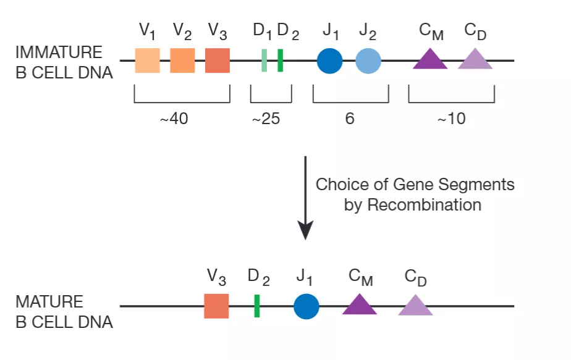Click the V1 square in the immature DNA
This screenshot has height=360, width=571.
[x=147, y=61]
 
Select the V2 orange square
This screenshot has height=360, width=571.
[x=182, y=61]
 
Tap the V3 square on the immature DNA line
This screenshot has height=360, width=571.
[x=218, y=61]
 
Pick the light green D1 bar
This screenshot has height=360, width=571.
[x=264, y=61]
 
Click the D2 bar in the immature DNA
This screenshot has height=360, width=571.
[x=280, y=61]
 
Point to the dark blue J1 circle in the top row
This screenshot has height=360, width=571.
[x=329, y=61]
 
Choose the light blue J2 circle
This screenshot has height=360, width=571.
[x=368, y=61]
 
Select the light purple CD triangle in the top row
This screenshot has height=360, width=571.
[x=475, y=60]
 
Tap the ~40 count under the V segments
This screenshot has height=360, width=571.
[x=174, y=119]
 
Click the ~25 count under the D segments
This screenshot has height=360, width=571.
[x=266, y=119]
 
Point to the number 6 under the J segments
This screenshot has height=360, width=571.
[x=350, y=119]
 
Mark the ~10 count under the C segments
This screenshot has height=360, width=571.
[x=451, y=119]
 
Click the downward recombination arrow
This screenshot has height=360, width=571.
[x=305, y=198]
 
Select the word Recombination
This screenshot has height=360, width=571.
[x=425, y=205]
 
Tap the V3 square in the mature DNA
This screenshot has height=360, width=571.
[x=216, y=306]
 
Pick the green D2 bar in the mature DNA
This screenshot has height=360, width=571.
[x=256, y=306]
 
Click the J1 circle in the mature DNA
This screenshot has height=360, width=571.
[x=306, y=306]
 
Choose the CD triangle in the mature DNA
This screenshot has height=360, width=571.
[x=415, y=306]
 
